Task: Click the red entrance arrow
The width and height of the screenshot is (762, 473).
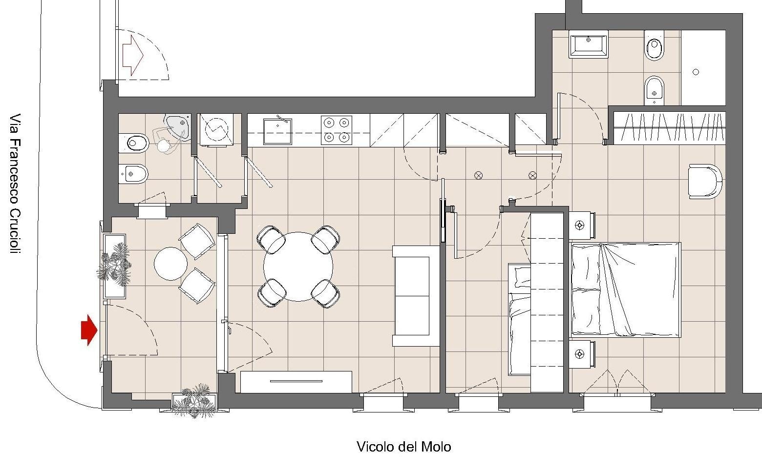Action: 89,330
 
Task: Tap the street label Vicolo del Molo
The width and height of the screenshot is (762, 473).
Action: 404,447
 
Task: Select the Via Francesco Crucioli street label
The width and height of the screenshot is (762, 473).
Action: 15,184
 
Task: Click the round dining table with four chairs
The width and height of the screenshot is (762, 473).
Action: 298,267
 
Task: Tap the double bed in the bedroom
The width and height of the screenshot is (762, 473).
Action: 626,290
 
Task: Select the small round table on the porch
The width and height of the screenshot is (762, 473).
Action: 171,264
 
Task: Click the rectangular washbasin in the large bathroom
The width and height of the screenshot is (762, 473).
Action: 589,44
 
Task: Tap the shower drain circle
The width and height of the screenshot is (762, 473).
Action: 696,72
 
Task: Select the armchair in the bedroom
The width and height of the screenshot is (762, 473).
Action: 704,181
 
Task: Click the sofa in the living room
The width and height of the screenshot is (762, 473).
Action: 416,296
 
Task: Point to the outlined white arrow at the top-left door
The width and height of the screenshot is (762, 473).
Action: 133,56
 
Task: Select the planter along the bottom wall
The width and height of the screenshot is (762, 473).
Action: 194,403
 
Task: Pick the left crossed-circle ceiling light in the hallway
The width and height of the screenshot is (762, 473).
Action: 478,175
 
